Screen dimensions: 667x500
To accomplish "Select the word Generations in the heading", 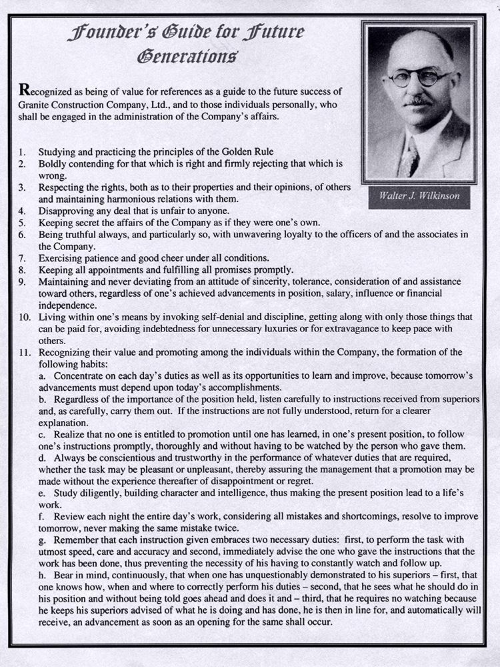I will (x=187, y=56).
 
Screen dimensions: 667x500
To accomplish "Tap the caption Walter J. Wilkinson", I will (x=420, y=196).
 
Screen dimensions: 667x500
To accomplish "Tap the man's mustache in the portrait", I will (x=419, y=102).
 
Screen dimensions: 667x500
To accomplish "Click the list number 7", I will (x=22, y=257).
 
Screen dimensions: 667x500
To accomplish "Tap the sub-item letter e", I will (x=41, y=492).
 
